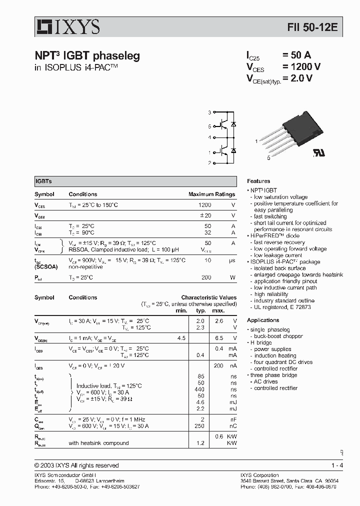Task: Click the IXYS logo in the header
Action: (x=67, y=26)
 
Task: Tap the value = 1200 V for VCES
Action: (x=301, y=67)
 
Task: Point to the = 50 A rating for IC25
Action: (x=296, y=55)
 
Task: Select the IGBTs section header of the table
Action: (x=43, y=181)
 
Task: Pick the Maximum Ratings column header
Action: (x=211, y=194)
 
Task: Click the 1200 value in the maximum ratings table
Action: (x=204, y=205)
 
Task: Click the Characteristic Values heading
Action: (x=208, y=297)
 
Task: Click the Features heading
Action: (x=258, y=181)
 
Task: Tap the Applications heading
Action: (x=263, y=320)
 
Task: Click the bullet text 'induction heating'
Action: (x=275, y=355)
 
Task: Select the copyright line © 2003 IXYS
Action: (x=76, y=465)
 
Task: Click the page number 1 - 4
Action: (x=337, y=465)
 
